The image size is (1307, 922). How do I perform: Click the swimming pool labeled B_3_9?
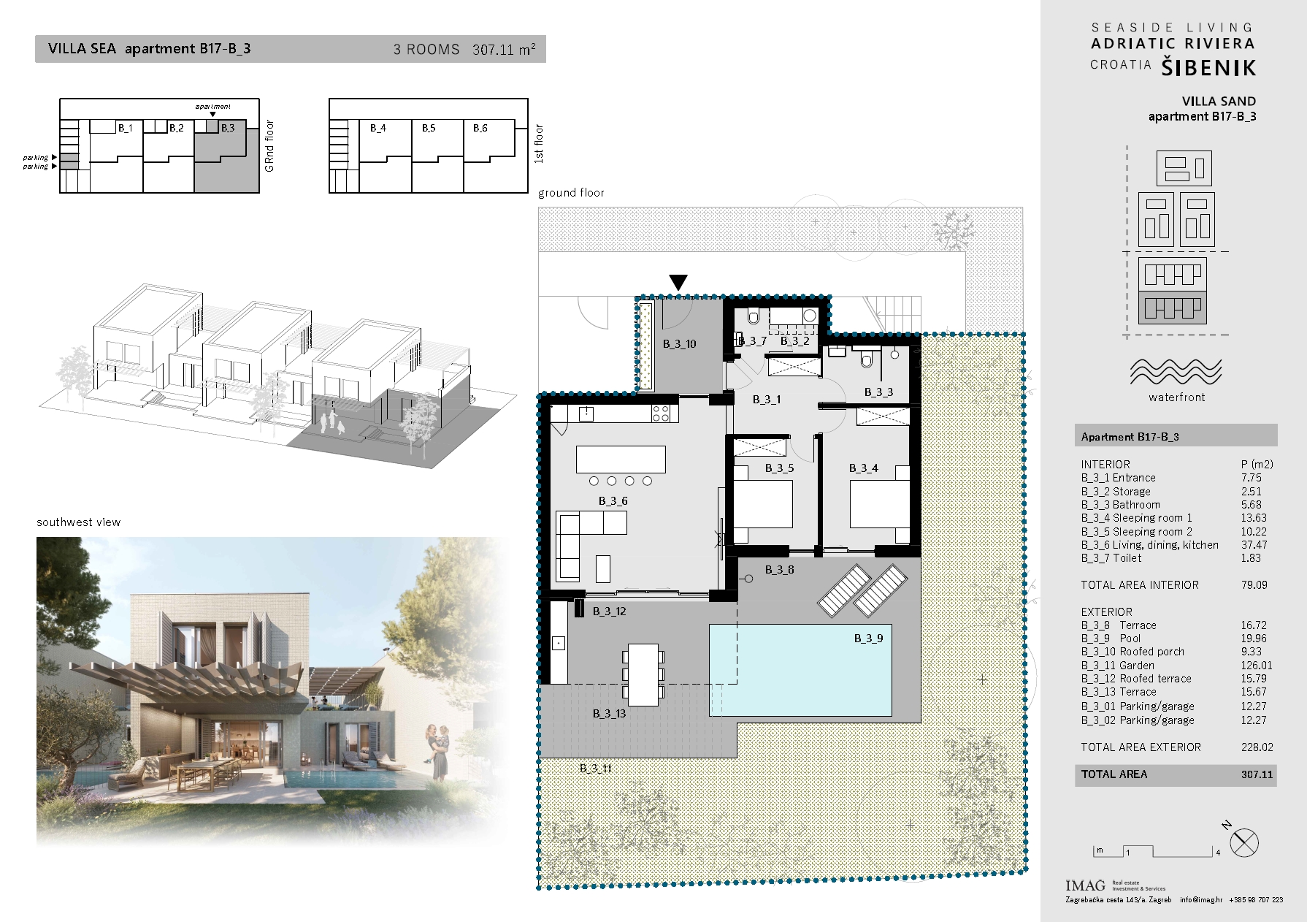pyautogui.click(x=800, y=670)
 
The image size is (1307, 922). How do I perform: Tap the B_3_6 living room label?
pyautogui.click(x=613, y=501)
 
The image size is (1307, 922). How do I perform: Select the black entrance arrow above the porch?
pyautogui.click(x=678, y=282)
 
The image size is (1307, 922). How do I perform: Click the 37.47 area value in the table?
pyautogui.click(x=1254, y=545)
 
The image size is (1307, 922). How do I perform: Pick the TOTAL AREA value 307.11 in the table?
pyautogui.click(x=1257, y=774)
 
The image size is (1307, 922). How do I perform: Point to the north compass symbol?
pyautogui.click(x=1243, y=842)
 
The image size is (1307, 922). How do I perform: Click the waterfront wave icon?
pyautogui.click(x=1176, y=372)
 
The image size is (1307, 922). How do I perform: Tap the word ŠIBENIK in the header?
pyautogui.click(x=1208, y=68)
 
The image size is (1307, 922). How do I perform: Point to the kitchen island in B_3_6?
pyautogui.click(x=621, y=460)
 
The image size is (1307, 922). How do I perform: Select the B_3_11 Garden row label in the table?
pyautogui.click(x=1117, y=666)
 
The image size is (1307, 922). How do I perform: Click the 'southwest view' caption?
pyautogui.click(x=78, y=522)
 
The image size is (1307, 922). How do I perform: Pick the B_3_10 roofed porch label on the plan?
pyautogui.click(x=680, y=344)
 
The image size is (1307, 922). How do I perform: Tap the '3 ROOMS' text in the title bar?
pyautogui.click(x=426, y=50)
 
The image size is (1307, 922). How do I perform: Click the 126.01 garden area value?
pyautogui.click(x=1257, y=666)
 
